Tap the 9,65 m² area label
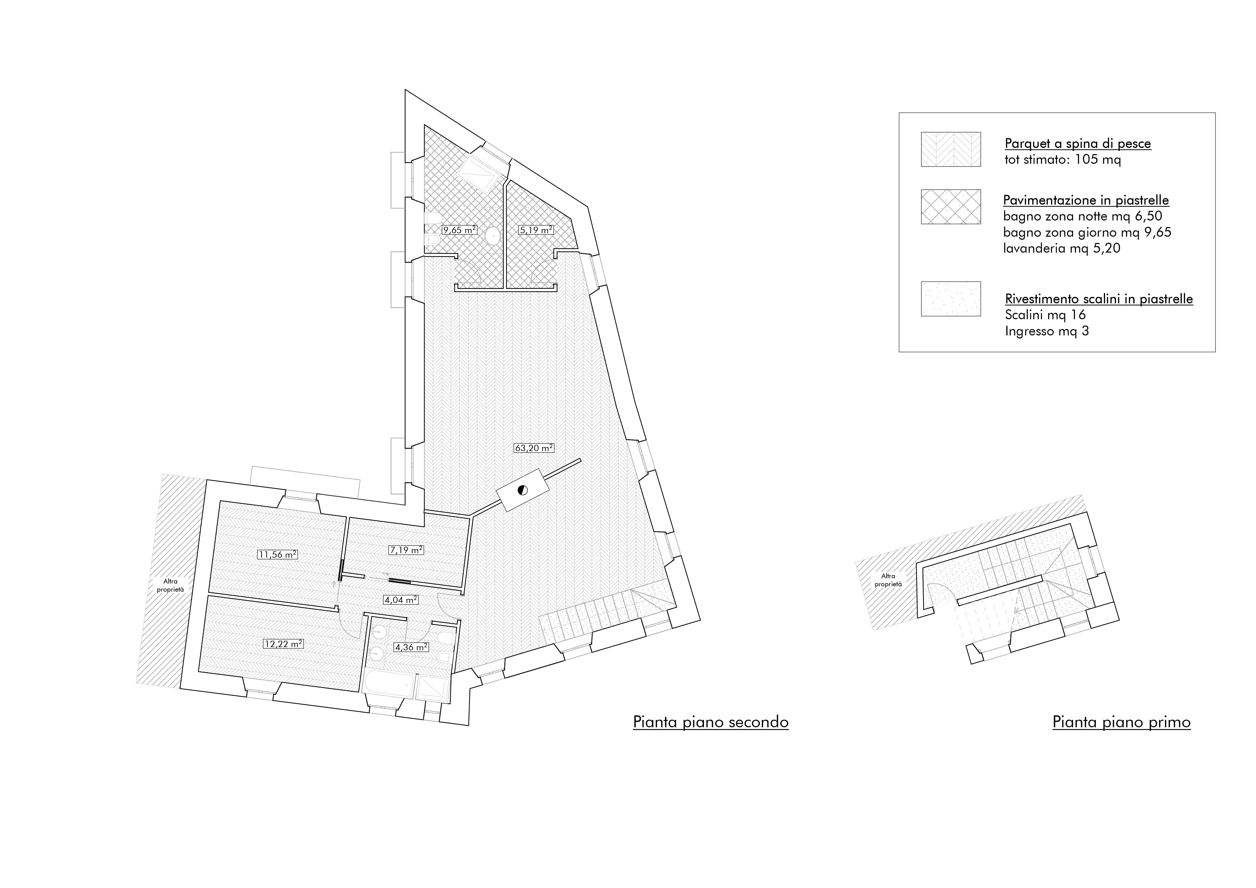pos(460,230)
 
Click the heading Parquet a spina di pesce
pos(1078,144)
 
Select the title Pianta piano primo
pos(1121,722)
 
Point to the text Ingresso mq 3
pos(1046,331)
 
